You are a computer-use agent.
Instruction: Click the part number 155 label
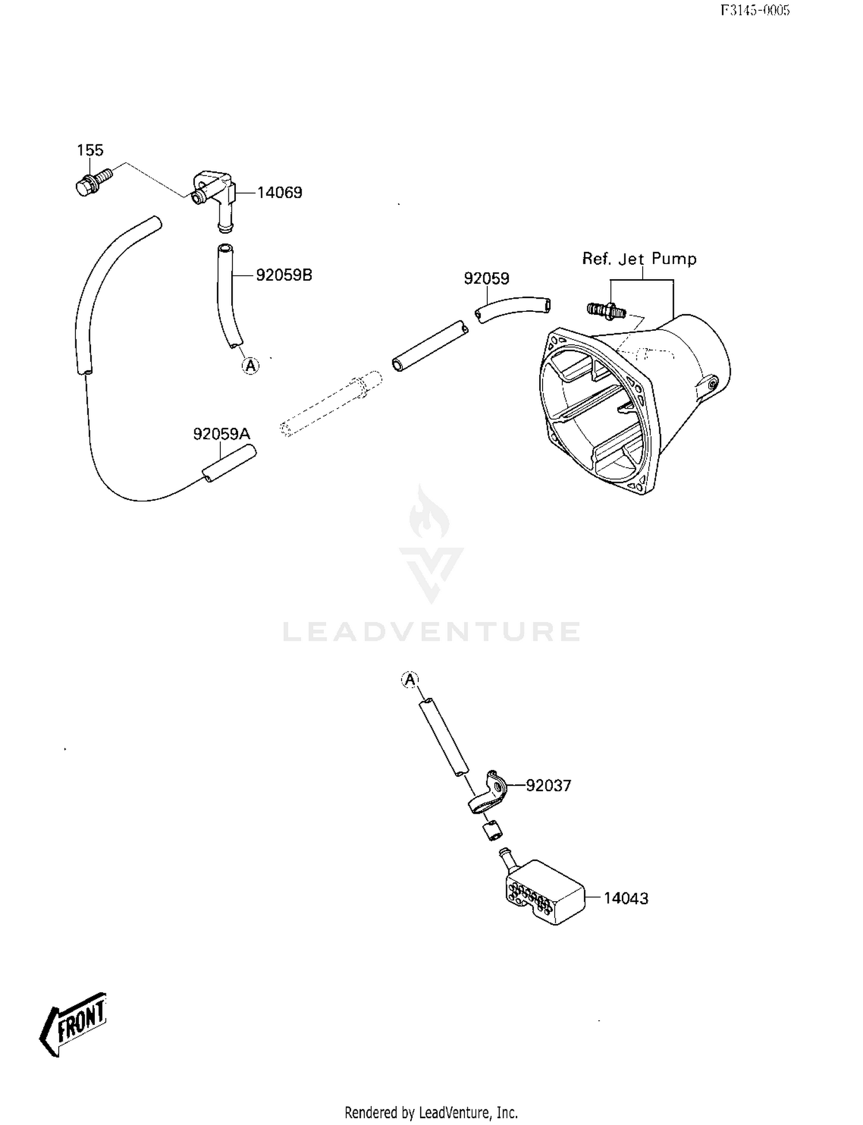pyautogui.click(x=90, y=150)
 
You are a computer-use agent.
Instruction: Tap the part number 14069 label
pyautogui.click(x=280, y=193)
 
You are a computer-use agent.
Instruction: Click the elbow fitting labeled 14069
pyautogui.click(x=213, y=199)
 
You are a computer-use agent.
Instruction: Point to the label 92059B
pyautogui.click(x=284, y=275)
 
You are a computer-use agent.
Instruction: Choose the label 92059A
pyautogui.click(x=222, y=434)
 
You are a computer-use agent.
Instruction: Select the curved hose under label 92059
pyautogui.click(x=513, y=309)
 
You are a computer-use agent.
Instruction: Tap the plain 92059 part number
pyautogui.click(x=487, y=279)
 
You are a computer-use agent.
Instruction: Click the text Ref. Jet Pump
pyautogui.click(x=639, y=259)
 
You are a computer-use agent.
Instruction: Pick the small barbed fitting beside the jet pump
pyautogui.click(x=606, y=311)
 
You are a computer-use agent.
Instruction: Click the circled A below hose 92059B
pyautogui.click(x=250, y=365)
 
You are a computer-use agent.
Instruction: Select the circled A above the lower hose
pyautogui.click(x=410, y=680)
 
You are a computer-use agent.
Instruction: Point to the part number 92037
pyautogui.click(x=549, y=785)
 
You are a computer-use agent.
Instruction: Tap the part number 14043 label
pyautogui.click(x=626, y=898)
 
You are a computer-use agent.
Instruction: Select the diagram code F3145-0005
pyautogui.click(x=755, y=10)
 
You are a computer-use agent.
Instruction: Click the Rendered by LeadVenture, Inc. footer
pyautogui.click(x=431, y=1113)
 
